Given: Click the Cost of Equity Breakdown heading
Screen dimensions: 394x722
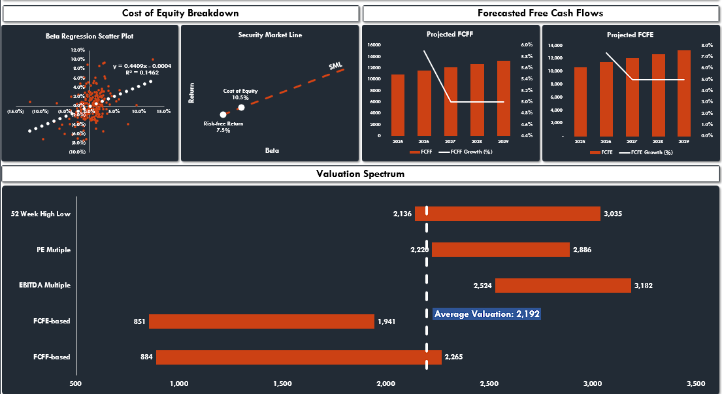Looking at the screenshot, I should click(180, 13).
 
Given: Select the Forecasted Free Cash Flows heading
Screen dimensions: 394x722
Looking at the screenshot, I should click(540, 13).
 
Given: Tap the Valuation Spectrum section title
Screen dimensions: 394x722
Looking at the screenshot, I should click(360, 174).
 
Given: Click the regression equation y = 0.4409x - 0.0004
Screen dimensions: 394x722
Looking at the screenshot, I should click(142, 66).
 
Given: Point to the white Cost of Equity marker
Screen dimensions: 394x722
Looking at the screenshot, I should click(241, 107).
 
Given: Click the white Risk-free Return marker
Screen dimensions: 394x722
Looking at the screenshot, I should click(223, 114).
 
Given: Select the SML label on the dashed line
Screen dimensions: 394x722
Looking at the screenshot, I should click(335, 65).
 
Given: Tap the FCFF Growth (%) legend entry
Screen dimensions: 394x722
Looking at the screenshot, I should click(467, 152).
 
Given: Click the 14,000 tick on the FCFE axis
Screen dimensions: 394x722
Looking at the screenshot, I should click(554, 45).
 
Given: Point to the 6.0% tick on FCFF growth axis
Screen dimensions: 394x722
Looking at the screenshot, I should click(527, 45).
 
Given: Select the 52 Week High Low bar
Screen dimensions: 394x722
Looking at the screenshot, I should click(507, 214).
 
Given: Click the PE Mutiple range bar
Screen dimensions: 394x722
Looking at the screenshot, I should click(500, 250).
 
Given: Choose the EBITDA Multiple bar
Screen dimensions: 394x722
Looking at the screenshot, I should click(563, 286).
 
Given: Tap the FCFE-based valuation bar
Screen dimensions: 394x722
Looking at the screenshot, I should click(261, 321).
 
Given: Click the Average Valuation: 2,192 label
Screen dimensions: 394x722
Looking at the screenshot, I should click(487, 314).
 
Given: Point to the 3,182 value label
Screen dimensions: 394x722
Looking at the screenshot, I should click(643, 286).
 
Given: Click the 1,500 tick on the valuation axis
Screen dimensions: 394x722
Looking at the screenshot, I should click(282, 383).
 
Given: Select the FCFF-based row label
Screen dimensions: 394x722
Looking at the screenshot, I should click(52, 357).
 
